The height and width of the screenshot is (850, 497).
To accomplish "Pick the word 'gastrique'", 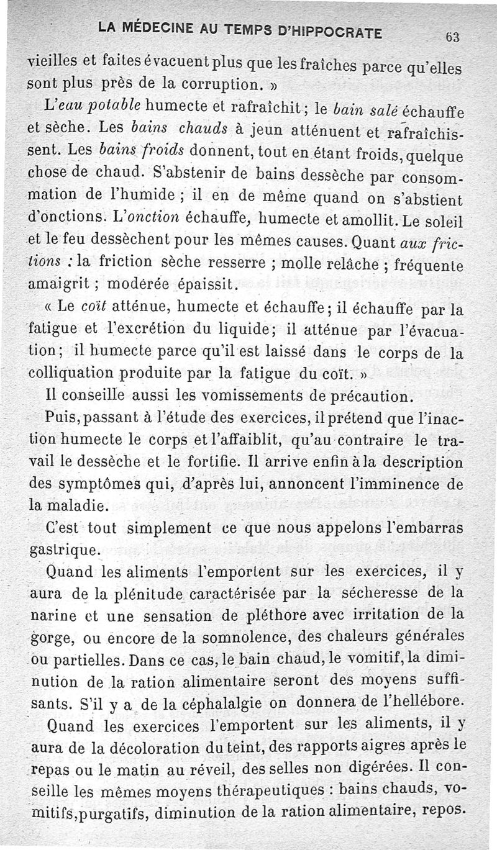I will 63,551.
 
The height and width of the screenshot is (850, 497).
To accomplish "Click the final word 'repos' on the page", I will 442,810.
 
